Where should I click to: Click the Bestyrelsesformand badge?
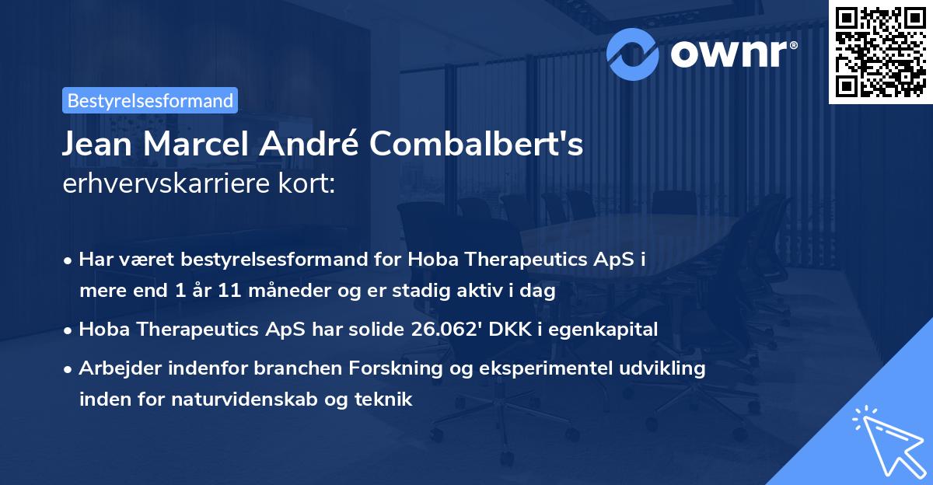[149, 100]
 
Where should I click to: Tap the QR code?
[879, 51]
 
